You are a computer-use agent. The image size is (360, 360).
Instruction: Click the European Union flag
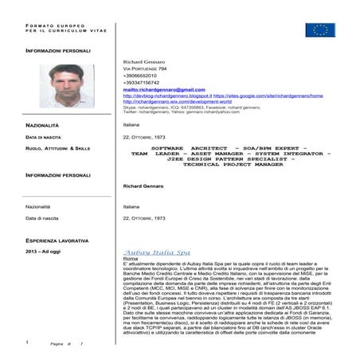(x=319, y=30)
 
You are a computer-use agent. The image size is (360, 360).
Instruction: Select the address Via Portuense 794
(x=146, y=69)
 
